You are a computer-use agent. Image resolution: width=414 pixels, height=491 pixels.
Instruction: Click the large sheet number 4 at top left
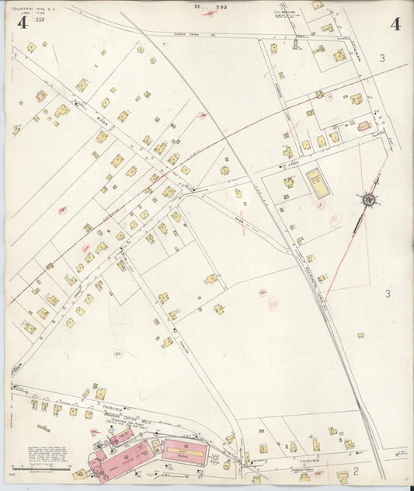point(23,23)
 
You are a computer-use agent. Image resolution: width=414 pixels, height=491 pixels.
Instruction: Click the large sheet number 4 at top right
point(395,24)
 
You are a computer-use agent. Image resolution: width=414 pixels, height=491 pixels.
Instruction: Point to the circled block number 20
point(117,353)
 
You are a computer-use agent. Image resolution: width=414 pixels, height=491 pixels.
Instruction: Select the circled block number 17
point(329,97)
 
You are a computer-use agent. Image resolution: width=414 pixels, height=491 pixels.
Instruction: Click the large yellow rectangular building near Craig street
point(316,181)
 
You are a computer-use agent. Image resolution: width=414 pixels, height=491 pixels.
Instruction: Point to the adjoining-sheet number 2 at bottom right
point(355,471)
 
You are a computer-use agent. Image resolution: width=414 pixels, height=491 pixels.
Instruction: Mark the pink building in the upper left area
point(41,96)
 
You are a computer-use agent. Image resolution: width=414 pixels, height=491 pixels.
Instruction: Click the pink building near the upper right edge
point(363,126)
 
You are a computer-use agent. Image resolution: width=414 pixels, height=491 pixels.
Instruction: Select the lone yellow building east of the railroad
point(360,336)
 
